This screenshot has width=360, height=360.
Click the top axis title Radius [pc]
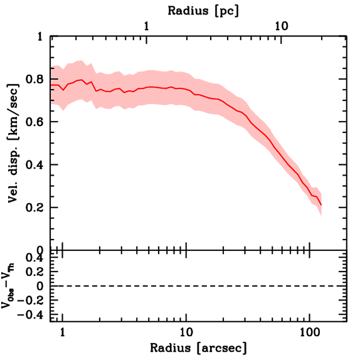click(x=204, y=11)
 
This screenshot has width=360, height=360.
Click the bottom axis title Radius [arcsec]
click(x=199, y=348)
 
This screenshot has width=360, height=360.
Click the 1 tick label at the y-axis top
click(x=40, y=37)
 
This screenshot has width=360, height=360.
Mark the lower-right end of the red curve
click(x=321, y=205)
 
